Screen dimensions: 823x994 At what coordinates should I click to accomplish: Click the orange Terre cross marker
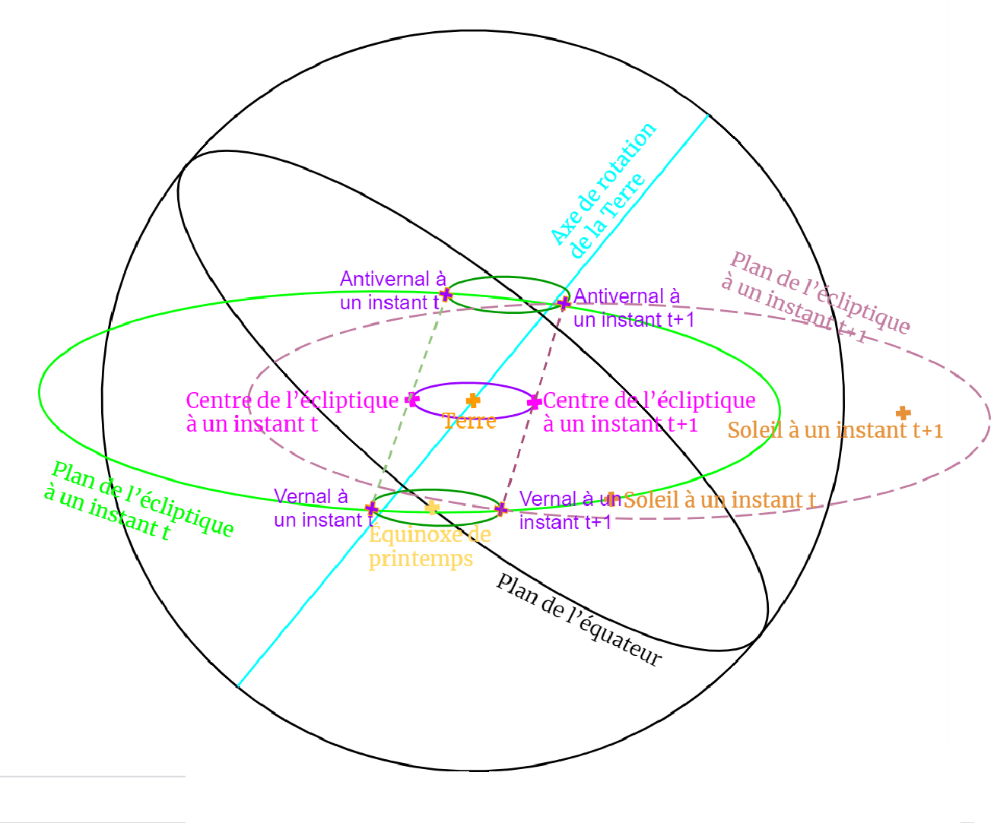coord(473,400)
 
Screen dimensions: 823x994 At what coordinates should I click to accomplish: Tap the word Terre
coord(469,420)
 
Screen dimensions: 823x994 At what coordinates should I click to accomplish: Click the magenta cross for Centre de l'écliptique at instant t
coord(412,399)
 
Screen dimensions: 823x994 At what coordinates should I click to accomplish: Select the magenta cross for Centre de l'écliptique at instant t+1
coord(534,401)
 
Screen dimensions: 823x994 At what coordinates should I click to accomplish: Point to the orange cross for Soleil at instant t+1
coord(903,413)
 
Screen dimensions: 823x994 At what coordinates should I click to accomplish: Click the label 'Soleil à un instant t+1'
coord(834,430)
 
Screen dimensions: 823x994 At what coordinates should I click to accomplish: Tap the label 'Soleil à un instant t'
coord(719,500)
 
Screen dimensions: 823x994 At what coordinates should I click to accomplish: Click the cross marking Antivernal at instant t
coord(446,295)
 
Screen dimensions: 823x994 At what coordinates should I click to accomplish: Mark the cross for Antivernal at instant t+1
coord(564,303)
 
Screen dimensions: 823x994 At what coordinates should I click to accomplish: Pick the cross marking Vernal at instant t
coord(372,508)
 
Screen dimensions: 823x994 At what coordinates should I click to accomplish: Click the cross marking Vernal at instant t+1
coord(500,508)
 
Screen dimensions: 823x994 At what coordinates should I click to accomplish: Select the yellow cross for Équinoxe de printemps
coord(432,507)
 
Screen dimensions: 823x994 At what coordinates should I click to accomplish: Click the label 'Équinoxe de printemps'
coord(429,546)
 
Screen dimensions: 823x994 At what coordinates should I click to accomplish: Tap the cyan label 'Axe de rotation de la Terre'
coord(603,190)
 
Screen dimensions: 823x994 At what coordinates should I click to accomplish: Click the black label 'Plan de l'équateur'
coord(578,620)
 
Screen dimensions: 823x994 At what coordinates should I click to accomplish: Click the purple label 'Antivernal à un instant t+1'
coord(634,308)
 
